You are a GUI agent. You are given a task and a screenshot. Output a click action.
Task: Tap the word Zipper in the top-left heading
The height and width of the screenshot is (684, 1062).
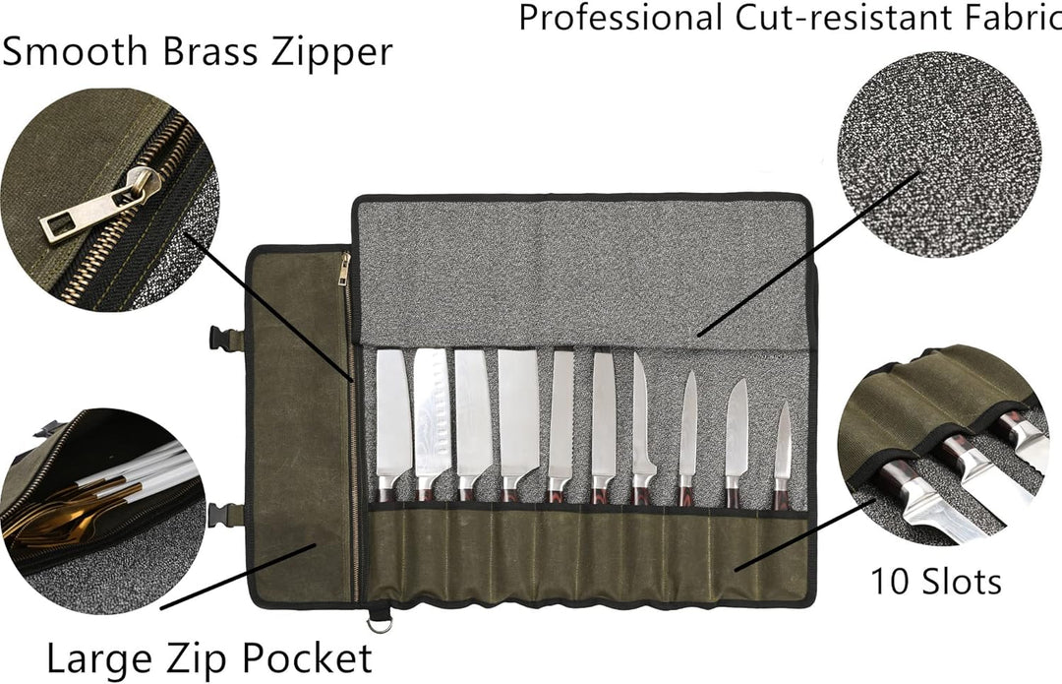(332, 53)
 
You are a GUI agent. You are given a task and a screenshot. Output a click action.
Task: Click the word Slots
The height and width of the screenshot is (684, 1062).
(962, 582)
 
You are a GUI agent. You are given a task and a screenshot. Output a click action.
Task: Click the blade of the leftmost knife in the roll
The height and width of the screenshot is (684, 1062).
(393, 413)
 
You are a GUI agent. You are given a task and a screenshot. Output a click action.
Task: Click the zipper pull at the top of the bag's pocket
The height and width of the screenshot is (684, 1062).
(345, 269)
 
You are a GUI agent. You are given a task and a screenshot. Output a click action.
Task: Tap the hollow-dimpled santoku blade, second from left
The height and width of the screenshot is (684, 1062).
(431, 414)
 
